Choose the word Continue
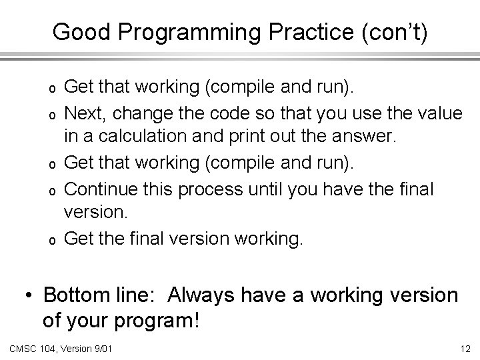(97, 190)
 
